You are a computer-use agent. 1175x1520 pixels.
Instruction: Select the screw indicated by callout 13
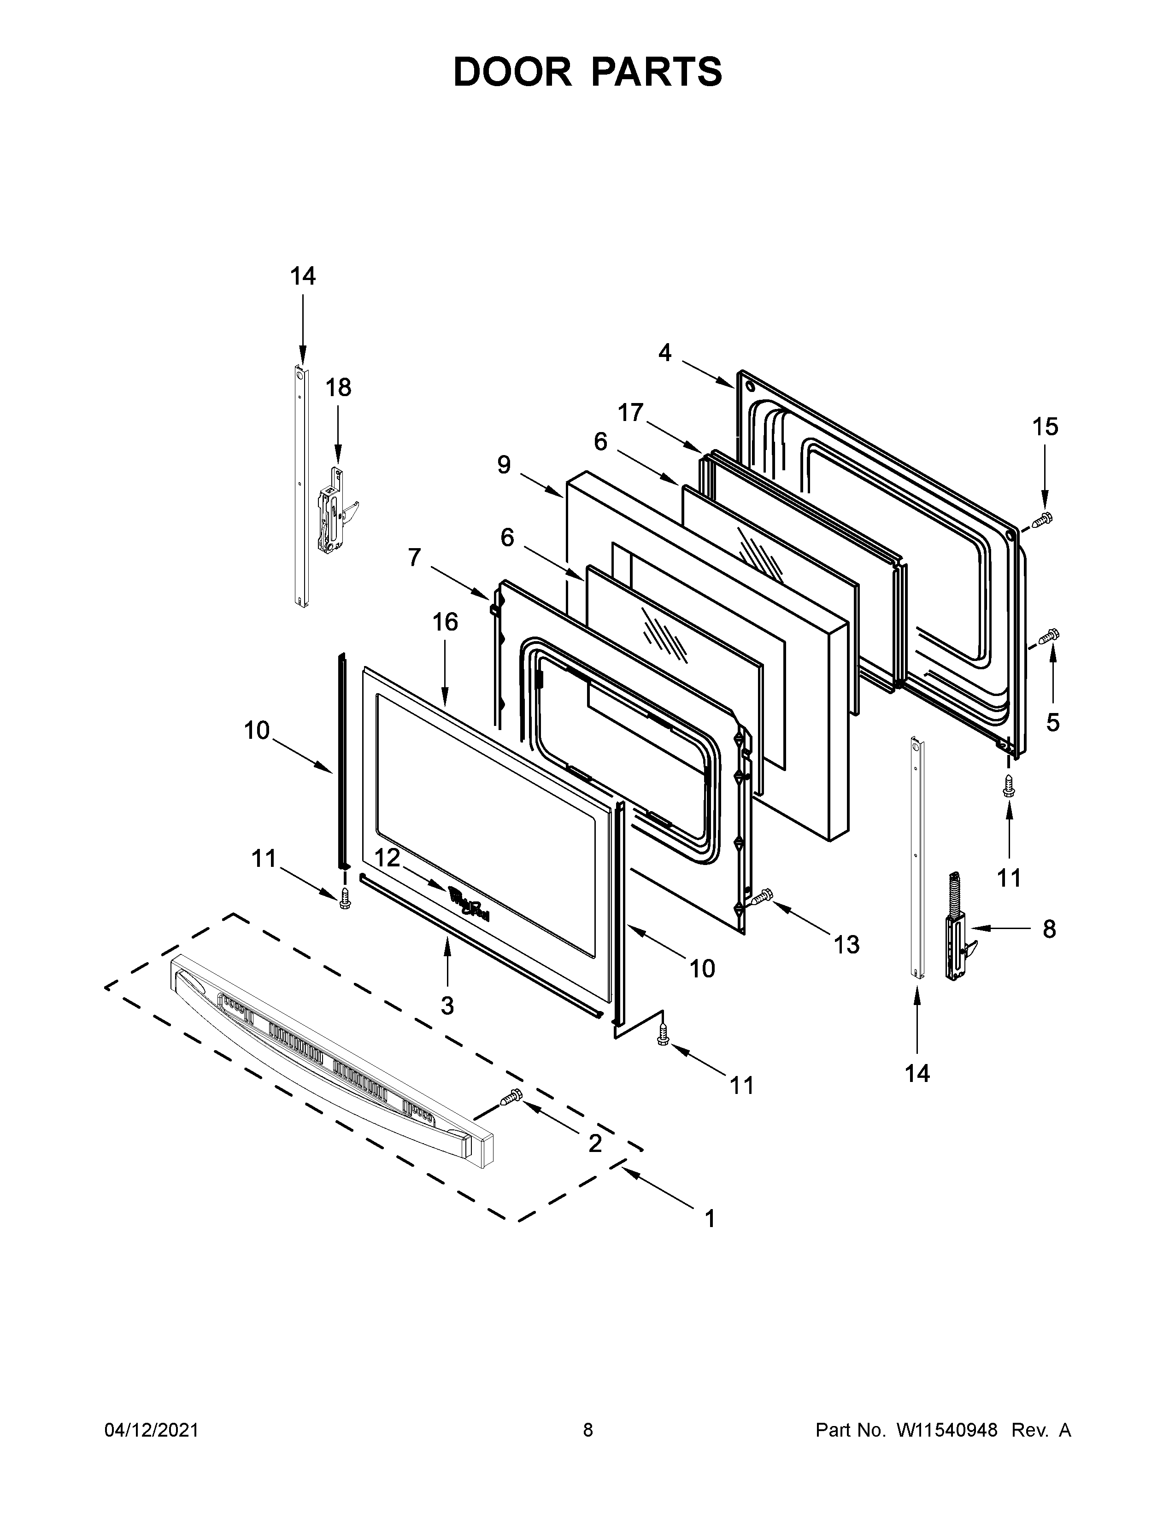click(x=762, y=898)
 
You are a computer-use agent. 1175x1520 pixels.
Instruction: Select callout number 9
click(x=504, y=464)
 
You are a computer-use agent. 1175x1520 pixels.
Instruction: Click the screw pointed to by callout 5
click(x=1048, y=636)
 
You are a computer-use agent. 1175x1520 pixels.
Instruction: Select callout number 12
click(x=387, y=858)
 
